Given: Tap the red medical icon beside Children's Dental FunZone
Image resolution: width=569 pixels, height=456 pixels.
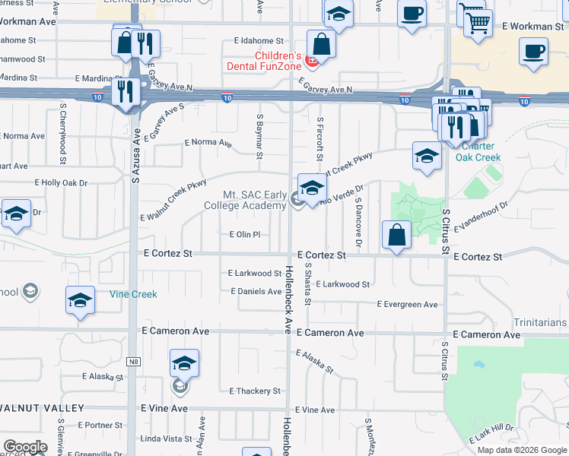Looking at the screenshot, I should (310, 61).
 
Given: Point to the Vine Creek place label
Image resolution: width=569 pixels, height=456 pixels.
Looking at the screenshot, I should (132, 294).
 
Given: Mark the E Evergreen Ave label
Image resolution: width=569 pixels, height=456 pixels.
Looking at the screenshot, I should (408, 305).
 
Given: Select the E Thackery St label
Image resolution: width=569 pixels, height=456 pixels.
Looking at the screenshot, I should (256, 391).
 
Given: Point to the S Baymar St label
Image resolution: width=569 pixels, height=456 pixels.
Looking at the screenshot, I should (259, 137).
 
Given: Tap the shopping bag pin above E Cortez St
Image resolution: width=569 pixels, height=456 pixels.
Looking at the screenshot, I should (397, 235).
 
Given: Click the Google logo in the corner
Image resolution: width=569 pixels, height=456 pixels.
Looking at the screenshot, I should (25, 447).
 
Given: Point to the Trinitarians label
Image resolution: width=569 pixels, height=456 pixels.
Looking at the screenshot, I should (540, 323).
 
